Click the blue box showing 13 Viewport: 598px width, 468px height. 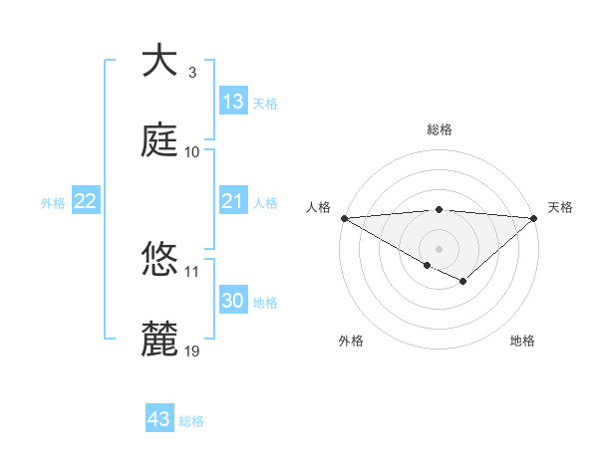[233, 102]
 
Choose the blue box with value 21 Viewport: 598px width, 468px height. [233, 202]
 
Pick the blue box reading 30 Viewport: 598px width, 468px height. [233, 301]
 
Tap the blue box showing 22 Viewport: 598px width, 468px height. [86, 202]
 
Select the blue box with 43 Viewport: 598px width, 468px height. [159, 419]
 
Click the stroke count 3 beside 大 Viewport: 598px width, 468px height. [192, 73]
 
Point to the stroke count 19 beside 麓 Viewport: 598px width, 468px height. [192, 351]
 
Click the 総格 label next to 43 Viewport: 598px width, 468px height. [191, 421]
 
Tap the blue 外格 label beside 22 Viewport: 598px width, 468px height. [53, 203]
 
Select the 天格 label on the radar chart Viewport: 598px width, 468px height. [560, 207]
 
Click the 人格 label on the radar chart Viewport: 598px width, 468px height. [318, 207]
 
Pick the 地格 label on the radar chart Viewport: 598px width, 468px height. [522, 341]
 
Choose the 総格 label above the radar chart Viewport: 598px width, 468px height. [440, 130]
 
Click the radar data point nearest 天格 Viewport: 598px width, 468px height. [534, 217]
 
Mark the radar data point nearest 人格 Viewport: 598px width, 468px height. [344, 217]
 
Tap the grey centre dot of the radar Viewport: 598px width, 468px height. [440, 248]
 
